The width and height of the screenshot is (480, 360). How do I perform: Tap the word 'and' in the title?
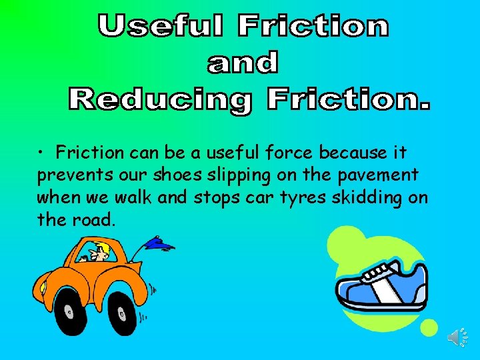[x=243, y=63]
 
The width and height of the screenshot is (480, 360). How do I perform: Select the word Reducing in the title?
[x=160, y=101]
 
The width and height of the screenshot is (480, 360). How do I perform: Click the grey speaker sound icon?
[x=457, y=337]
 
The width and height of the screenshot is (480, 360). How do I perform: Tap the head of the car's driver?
[x=101, y=253]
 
